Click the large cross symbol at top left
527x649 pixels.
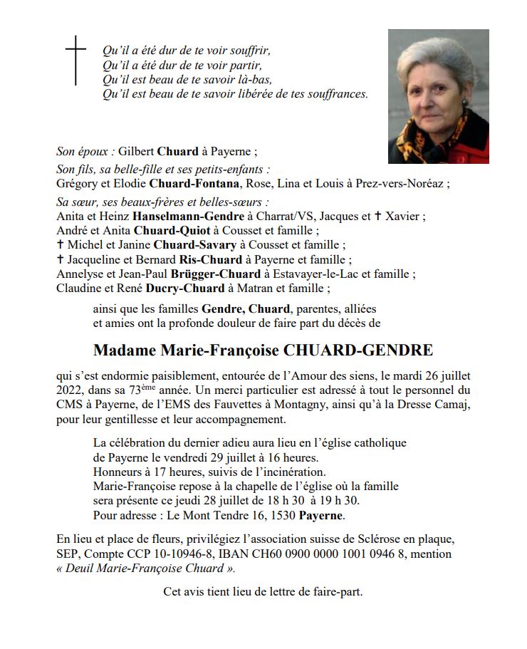click(75, 61)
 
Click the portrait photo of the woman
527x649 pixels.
click(438, 96)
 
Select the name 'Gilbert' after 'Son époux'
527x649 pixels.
click(136, 151)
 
